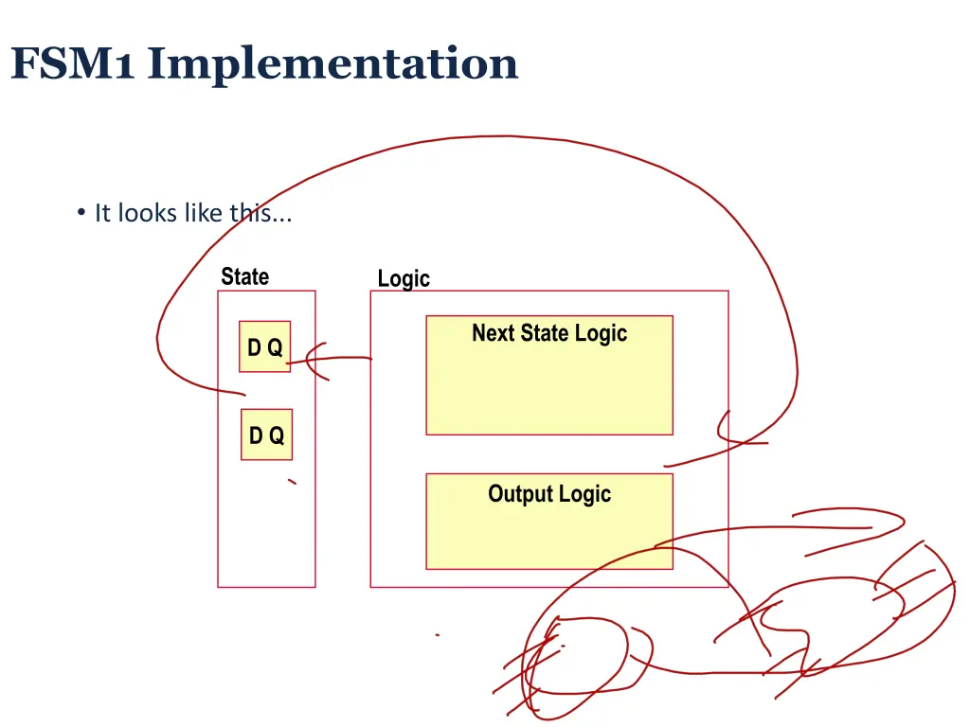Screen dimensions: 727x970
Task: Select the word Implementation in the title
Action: click(332, 64)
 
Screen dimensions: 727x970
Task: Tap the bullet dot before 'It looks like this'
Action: click(81, 212)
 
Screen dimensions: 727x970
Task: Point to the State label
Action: click(244, 276)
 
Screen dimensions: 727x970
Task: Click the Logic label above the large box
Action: click(404, 278)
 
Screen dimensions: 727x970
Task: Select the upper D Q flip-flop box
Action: click(264, 346)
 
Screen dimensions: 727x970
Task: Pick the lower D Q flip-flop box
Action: click(266, 434)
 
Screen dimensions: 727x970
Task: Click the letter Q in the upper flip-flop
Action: click(275, 347)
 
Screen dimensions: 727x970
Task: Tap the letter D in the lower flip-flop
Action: click(256, 435)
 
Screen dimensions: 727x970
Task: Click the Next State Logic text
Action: click(549, 333)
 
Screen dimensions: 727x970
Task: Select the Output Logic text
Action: click(549, 493)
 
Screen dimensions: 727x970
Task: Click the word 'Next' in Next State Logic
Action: click(493, 333)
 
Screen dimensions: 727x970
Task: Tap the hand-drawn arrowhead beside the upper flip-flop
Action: click(315, 360)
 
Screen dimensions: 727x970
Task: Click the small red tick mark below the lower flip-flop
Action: click(292, 482)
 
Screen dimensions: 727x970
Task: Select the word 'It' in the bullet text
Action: click(102, 213)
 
